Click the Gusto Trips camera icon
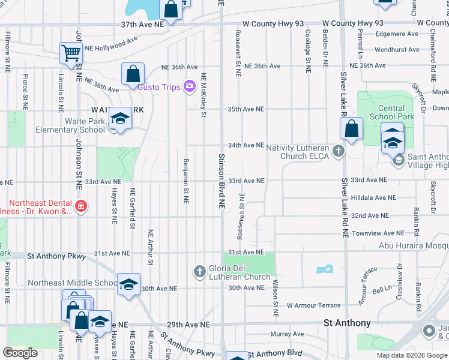pos(190,87)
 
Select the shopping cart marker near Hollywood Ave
pos(71,54)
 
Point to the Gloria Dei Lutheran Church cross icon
pos(200,272)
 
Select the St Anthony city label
pos(347,323)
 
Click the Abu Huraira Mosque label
pos(414,245)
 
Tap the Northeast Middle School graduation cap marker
pos(128,285)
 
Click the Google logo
pos(20,353)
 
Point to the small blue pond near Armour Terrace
pos(325,269)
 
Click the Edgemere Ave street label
pos(397,34)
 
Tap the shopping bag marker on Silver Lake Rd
pos(351,129)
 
